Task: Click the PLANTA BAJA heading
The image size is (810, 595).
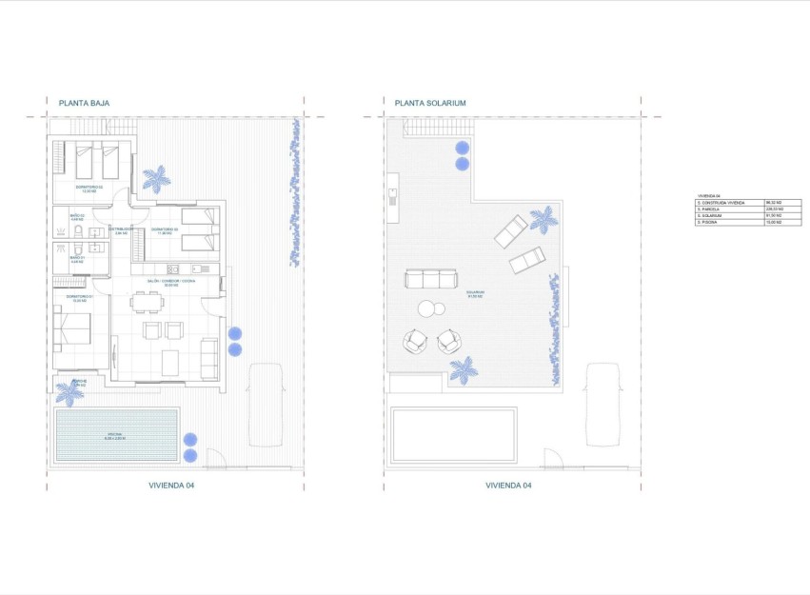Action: point(84,103)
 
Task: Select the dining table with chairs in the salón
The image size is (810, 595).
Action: point(148,304)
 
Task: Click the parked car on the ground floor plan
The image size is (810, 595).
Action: point(266,405)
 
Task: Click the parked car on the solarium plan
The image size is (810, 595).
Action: point(603,405)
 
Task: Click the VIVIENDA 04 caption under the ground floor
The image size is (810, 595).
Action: point(171,485)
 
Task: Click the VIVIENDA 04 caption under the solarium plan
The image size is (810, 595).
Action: point(508,485)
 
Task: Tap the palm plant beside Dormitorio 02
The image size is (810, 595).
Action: point(155,178)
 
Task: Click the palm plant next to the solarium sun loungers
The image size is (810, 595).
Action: point(543,219)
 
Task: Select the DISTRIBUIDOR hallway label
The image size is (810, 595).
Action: point(119,229)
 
